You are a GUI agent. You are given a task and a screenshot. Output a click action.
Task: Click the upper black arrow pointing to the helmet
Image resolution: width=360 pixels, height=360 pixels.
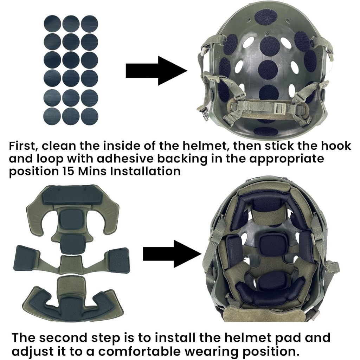point(156,71)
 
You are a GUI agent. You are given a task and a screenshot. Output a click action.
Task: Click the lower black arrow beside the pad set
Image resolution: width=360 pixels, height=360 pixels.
point(172,254)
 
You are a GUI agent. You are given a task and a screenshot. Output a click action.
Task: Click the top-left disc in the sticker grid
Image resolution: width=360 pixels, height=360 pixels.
point(52,24)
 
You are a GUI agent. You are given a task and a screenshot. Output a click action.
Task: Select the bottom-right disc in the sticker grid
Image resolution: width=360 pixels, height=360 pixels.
point(90,116)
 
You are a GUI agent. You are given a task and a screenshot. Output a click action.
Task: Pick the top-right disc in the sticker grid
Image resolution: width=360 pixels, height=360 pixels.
point(90,24)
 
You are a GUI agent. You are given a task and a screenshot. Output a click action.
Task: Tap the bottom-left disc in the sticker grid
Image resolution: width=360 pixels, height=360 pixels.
point(52,116)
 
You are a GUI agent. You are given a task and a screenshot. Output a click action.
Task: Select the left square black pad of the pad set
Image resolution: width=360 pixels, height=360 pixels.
point(26,258)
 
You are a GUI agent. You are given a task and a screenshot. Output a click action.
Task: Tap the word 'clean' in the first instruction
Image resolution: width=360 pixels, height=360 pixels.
point(59,146)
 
